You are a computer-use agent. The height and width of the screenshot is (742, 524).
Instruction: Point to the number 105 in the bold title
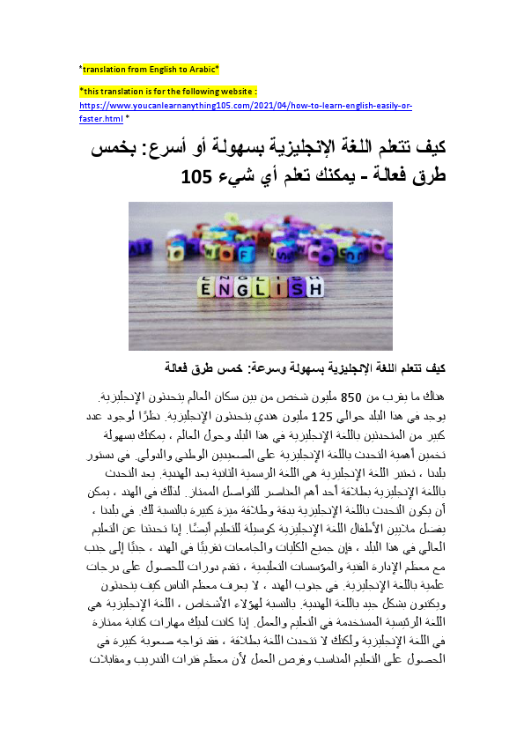coord(196,176)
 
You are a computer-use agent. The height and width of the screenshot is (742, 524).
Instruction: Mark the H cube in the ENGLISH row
coord(315,288)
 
